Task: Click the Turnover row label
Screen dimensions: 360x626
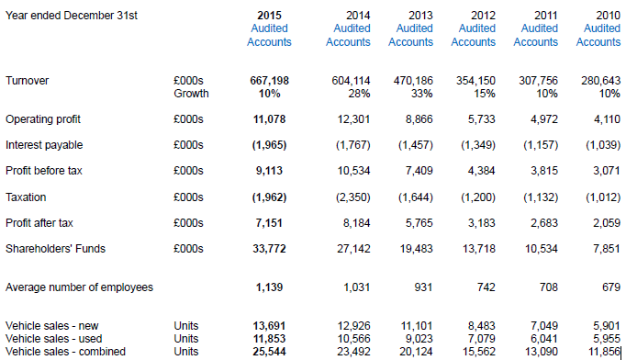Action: pyautogui.click(x=28, y=81)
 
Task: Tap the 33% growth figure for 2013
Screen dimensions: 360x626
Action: pyautogui.click(x=420, y=94)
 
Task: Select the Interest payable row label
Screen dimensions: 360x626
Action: pyautogui.click(x=43, y=145)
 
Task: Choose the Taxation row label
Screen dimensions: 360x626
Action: pyautogui.click(x=27, y=197)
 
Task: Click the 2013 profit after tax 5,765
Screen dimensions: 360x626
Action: pyautogui.click(x=417, y=222)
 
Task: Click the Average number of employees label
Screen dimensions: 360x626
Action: pyautogui.click(x=79, y=287)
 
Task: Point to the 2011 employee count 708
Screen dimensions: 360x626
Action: pyautogui.click(x=547, y=287)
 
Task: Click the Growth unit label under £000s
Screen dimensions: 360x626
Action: pyautogui.click(x=191, y=94)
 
